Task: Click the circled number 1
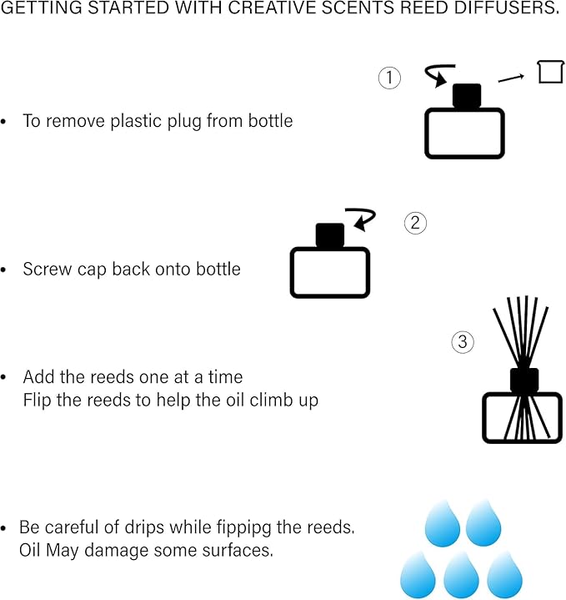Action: coord(389,79)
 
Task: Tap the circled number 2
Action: coord(415,223)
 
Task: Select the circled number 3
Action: coord(463,341)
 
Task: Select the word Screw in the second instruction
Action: coord(44,270)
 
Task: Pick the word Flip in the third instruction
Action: coord(37,400)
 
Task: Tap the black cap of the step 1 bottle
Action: coord(467,97)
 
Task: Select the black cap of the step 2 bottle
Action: coord(330,236)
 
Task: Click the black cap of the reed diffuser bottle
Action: coord(524,380)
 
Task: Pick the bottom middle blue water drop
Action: coord(461,575)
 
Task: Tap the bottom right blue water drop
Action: coord(504,575)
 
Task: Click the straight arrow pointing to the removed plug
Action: coord(511,78)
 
